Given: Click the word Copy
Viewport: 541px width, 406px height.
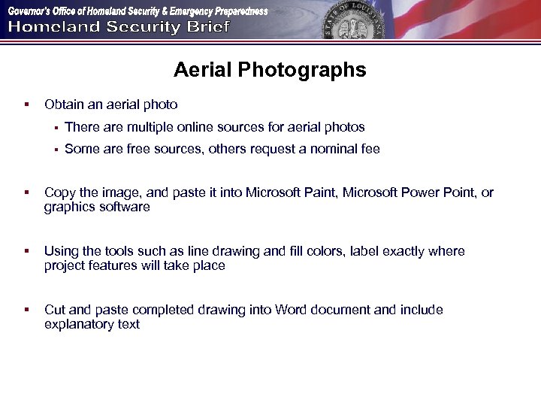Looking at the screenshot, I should coord(59,192).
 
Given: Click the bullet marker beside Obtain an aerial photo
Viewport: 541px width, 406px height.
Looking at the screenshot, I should coord(26,105).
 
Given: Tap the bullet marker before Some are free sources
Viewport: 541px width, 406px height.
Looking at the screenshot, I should coord(56,149).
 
